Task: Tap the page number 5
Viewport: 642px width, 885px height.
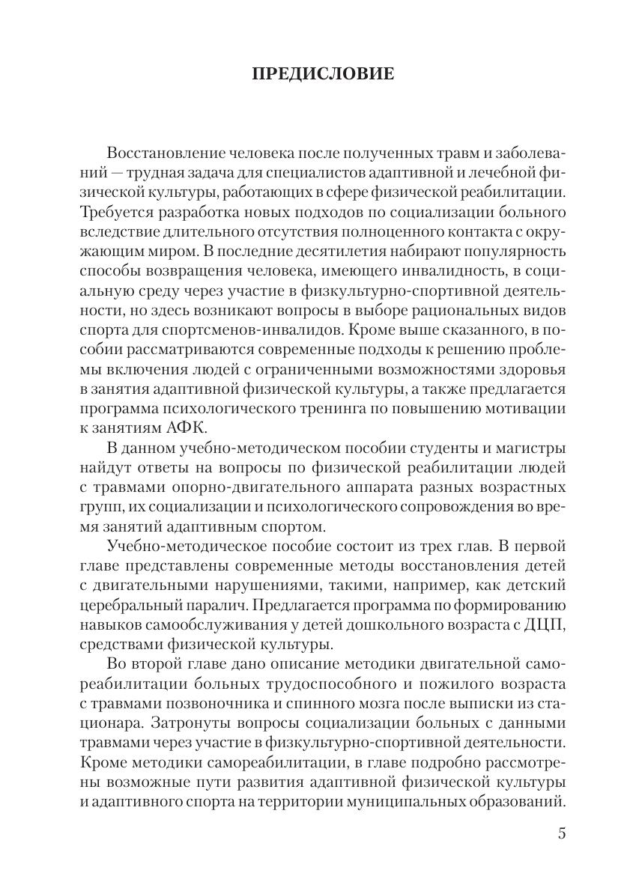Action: click(x=562, y=833)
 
